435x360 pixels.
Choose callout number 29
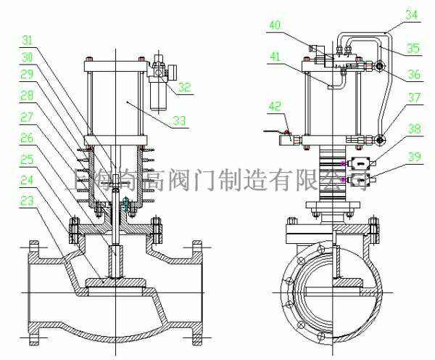pos(25,75)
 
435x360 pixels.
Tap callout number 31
pos(28,40)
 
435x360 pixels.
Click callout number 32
pos(186,87)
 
